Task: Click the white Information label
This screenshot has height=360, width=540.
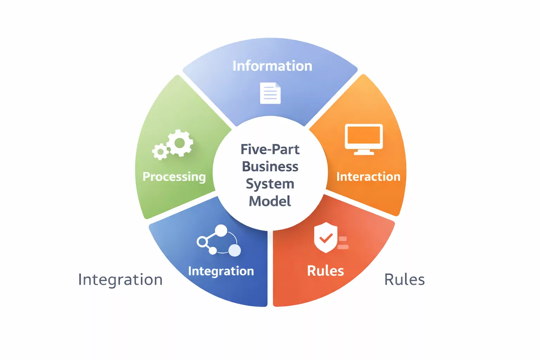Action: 272,66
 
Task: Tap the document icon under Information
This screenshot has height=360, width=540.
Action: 270,93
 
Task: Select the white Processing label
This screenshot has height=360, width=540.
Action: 174,176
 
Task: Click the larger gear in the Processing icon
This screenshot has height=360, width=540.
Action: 180,143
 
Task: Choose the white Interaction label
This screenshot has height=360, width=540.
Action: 368,176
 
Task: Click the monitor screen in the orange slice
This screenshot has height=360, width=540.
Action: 364,135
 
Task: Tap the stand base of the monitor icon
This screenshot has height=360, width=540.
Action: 364,153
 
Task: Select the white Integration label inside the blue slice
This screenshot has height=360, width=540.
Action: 221,271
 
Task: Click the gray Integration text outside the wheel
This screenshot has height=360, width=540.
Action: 120,280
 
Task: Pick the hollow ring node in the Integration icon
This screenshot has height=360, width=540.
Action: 202,242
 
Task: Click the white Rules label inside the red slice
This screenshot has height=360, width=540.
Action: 325,271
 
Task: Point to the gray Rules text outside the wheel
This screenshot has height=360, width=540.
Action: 404,280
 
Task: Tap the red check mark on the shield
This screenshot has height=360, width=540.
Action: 326,238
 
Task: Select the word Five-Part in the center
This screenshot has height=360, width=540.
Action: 270,149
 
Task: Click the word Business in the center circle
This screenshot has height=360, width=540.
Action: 270,167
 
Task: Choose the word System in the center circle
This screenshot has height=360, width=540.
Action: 270,184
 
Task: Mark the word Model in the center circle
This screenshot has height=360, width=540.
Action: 270,201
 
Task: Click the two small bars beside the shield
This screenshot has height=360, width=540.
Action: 343,243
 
